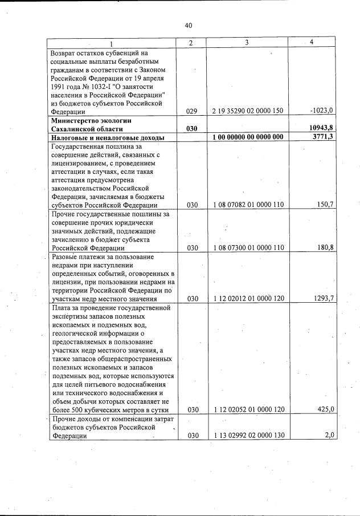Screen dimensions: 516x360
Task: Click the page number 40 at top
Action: [x=189, y=25]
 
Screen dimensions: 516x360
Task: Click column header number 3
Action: [x=247, y=43]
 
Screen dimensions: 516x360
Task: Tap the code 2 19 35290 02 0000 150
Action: [x=248, y=112]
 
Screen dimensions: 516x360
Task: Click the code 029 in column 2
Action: [x=191, y=112]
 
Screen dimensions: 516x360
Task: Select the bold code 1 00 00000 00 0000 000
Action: [x=248, y=137]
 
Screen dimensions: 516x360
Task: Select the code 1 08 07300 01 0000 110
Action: [x=248, y=248]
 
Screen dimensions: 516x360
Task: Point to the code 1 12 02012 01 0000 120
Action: [x=248, y=298]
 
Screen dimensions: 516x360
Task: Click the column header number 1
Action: [x=111, y=43]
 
